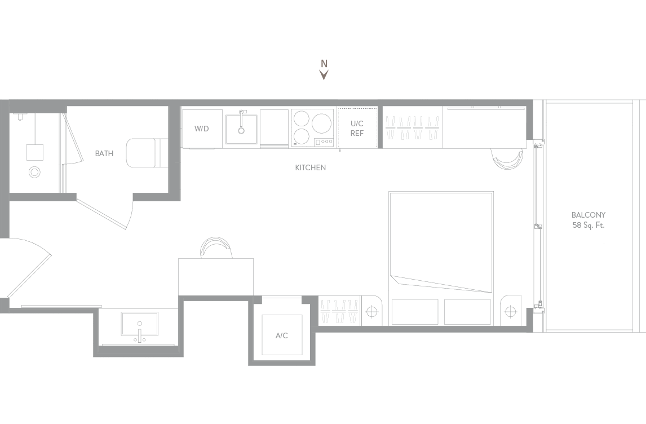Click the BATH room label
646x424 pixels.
pos(104,153)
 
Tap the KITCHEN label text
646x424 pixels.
pos(310,167)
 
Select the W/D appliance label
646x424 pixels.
pos(201,129)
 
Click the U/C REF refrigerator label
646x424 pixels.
pos(357,128)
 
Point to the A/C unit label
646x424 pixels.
pos(281,336)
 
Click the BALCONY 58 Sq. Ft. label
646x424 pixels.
pos(589,220)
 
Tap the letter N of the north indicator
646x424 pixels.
pos(324,64)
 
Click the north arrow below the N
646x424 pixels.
pos(324,74)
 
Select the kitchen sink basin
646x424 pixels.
pos(241,129)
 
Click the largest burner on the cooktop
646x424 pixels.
pos(322,122)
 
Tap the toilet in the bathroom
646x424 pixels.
pos(147,153)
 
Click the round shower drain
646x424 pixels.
pos(34,172)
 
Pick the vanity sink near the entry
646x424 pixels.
pos(140,324)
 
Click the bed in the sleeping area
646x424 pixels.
pos(441,258)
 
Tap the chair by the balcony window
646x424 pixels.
pos(507,158)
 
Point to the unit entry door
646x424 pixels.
pos(29,267)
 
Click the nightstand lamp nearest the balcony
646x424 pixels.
pos(511,311)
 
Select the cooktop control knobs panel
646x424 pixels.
pos(324,142)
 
